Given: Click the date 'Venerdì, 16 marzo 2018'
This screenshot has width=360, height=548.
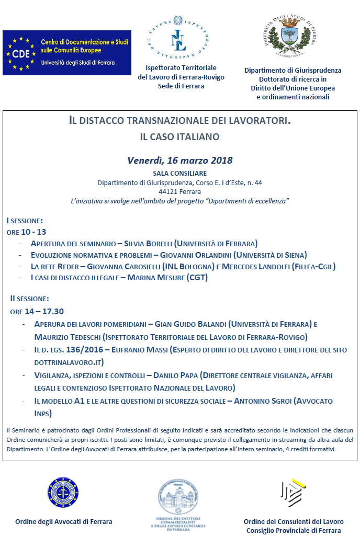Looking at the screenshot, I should (x=180, y=160).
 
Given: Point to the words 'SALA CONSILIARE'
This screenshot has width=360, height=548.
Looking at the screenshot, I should (x=179, y=173).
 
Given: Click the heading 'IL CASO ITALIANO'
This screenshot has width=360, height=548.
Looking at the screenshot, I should (x=179, y=137).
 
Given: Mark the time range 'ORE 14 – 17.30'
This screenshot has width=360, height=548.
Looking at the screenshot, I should (x=37, y=311).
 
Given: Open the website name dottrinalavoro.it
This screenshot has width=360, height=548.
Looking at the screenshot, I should (x=69, y=362).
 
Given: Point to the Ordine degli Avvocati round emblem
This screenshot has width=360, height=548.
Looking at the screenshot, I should (x=63, y=493).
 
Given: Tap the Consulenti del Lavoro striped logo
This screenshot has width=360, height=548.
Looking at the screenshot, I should (x=293, y=493).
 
